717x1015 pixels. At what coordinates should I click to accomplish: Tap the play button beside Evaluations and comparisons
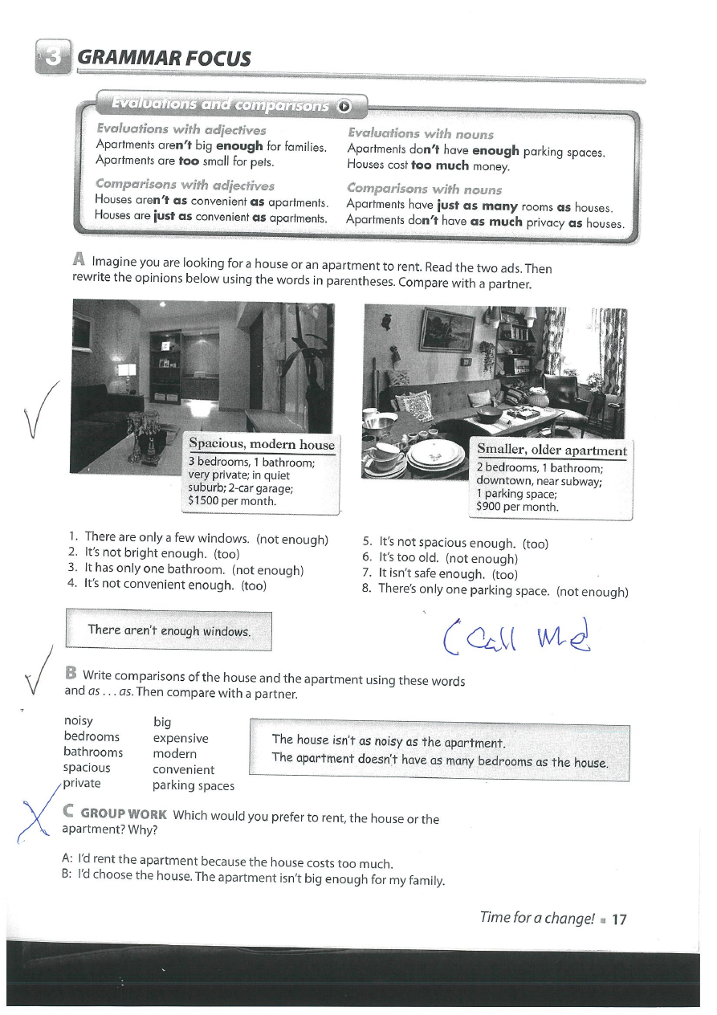(344, 105)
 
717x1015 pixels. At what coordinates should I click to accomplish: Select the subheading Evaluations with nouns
(420, 134)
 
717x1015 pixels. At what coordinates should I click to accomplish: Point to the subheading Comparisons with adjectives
(185, 185)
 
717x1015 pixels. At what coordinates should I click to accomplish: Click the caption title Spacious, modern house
(260, 445)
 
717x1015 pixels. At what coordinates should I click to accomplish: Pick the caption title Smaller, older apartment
(552, 450)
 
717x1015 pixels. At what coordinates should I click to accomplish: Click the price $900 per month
(517, 507)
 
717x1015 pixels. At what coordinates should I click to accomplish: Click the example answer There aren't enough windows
(169, 630)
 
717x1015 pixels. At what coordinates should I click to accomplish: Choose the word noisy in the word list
(78, 721)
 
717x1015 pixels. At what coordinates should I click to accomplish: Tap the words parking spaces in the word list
(193, 785)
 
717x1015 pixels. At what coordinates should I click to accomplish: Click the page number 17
(618, 919)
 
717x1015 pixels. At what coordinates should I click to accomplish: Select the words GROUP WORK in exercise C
(124, 815)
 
